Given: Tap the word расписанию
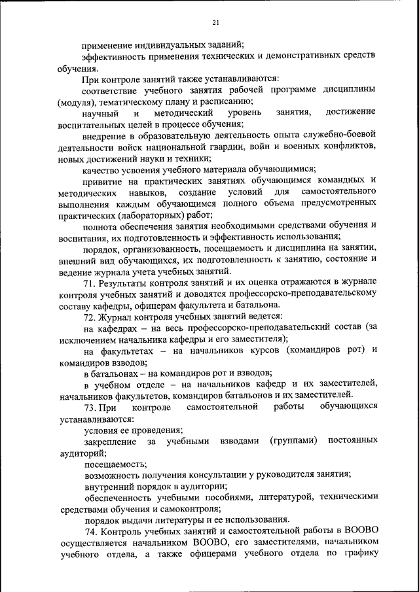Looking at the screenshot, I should [x=223, y=101].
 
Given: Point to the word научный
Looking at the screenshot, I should [x=100, y=113].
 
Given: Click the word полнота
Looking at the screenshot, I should [x=100, y=226].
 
